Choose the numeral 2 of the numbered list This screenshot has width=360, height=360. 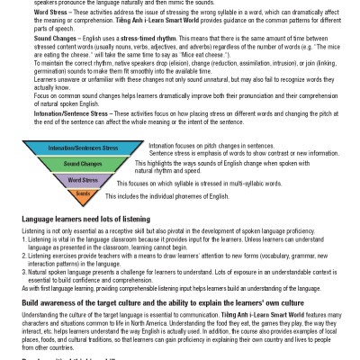[23, 256]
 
